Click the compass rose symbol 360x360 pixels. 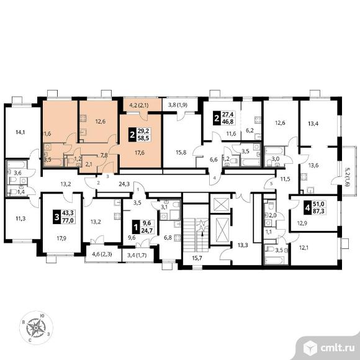point(36,328)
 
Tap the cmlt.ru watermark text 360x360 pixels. point(337,348)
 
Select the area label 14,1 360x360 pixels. point(20,132)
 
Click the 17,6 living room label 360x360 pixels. point(140,153)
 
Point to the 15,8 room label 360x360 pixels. point(181,153)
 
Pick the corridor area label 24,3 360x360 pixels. point(124,184)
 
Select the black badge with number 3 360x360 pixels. point(56,216)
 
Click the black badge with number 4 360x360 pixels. point(307,207)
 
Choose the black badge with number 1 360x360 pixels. point(136,227)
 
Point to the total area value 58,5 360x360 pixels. point(143,138)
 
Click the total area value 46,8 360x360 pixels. point(228,122)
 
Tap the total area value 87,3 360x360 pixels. point(318,211)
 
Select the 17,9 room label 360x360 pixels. point(61,238)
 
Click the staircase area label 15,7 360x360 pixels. point(197,258)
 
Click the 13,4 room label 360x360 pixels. point(313,124)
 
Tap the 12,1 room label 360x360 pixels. point(304,248)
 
